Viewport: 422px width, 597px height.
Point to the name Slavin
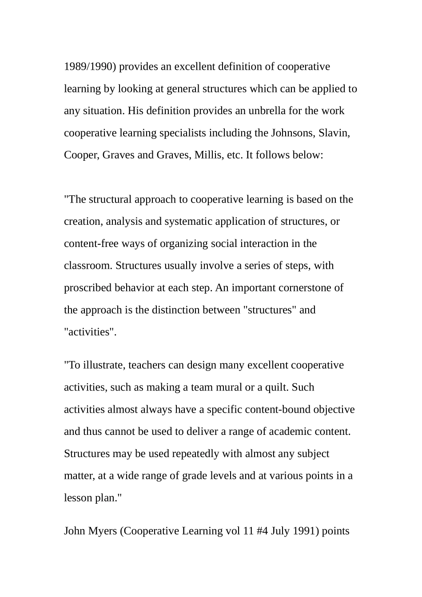coord(334,133)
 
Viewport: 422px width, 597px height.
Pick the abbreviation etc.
coord(235,155)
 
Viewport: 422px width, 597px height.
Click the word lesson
coord(78,498)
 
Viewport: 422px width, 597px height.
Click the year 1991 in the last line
coord(304,531)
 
